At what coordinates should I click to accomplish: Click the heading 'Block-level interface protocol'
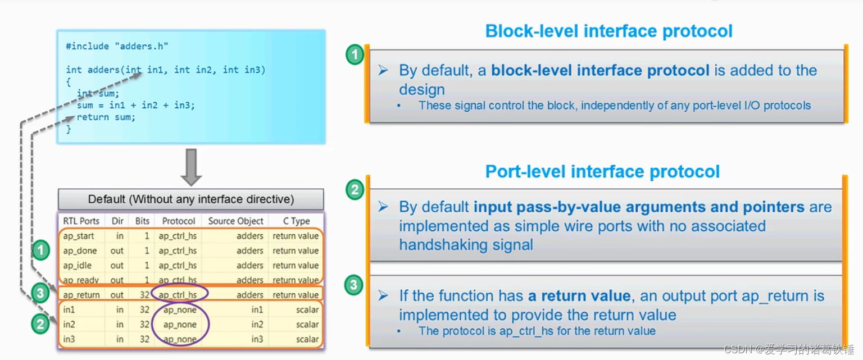(x=608, y=31)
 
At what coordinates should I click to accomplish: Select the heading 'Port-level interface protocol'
(x=602, y=171)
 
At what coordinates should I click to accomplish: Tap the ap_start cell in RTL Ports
(x=79, y=236)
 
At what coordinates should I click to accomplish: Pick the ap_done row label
(x=80, y=250)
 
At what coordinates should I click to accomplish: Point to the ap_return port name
(x=81, y=295)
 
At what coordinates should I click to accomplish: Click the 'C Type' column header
(x=297, y=221)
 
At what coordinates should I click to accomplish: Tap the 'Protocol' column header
(x=179, y=221)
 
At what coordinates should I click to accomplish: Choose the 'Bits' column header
(x=142, y=221)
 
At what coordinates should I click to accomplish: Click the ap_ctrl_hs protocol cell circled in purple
(x=178, y=295)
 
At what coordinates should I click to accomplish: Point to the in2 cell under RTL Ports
(x=69, y=324)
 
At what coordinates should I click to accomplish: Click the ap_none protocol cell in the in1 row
(x=180, y=309)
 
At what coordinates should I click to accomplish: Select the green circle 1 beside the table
(x=40, y=250)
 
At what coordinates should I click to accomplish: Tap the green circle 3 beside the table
(x=39, y=293)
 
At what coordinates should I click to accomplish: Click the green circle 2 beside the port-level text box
(x=354, y=189)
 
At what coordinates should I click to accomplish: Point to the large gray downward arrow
(x=191, y=167)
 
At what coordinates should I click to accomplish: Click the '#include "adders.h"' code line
(x=117, y=46)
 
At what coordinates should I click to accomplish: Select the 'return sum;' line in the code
(x=106, y=117)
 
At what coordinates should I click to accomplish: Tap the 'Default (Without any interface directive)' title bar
(x=191, y=199)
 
